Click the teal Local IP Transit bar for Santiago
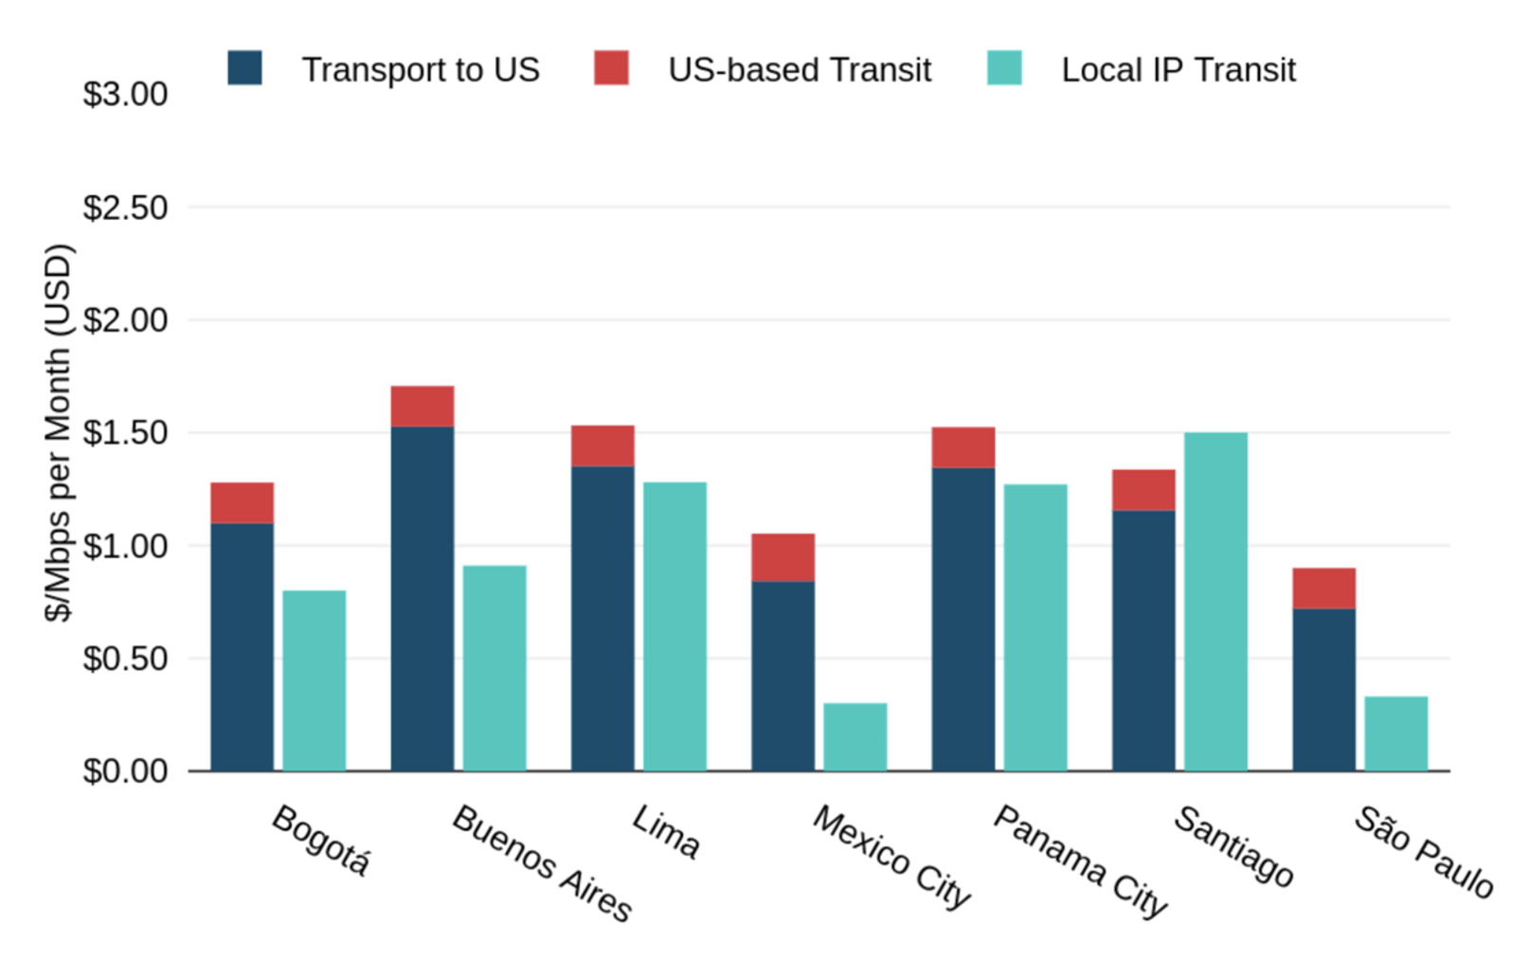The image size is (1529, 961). click(x=1215, y=602)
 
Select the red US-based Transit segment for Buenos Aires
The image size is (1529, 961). click(x=423, y=407)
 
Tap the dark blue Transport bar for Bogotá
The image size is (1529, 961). click(x=243, y=646)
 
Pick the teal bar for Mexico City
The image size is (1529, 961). click(x=854, y=736)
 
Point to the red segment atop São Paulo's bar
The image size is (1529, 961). click(x=1323, y=589)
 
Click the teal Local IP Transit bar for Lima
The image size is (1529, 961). click(x=675, y=626)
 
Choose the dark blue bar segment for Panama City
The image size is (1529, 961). click(x=963, y=619)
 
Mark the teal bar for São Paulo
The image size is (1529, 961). click(x=1395, y=734)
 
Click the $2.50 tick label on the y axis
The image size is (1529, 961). click(x=125, y=208)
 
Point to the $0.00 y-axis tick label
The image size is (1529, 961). click(x=125, y=771)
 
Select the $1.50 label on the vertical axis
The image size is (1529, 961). click(x=125, y=433)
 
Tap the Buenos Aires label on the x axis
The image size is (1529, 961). click(x=542, y=863)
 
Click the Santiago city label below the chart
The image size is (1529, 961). click(x=1233, y=846)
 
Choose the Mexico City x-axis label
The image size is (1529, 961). click(x=891, y=857)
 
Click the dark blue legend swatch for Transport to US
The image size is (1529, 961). click(x=244, y=68)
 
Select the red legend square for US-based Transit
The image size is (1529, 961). click(x=611, y=68)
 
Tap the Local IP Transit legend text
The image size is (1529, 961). click(x=1178, y=70)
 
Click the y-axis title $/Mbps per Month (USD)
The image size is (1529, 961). click(x=59, y=433)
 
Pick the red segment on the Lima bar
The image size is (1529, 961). click(x=603, y=445)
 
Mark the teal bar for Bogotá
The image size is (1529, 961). click(x=315, y=680)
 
